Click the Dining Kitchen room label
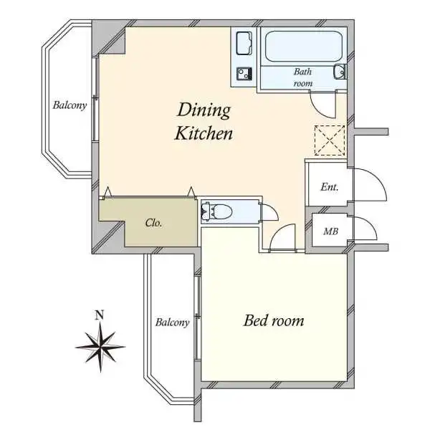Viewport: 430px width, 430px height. pos(204,122)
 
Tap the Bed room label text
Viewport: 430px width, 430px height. pos(274,320)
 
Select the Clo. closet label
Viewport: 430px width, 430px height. pos(153,223)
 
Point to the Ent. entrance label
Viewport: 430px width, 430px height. pos(330,187)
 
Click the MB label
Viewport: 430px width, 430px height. pos(330,231)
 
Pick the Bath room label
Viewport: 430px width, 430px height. pos(302,77)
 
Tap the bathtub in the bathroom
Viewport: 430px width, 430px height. pos(304,47)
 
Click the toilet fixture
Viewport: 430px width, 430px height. pos(216,211)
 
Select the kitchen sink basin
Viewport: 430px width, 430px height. pos(244,43)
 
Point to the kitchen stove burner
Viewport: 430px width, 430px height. pos(244,74)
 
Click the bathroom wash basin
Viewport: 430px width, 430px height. pos(340,72)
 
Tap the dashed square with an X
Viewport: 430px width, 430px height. pos(330,140)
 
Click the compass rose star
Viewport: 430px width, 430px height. pos(100,347)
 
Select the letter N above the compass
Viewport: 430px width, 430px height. pos(100,315)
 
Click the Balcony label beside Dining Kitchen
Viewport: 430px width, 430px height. pos(70,105)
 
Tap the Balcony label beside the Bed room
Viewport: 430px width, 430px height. pos(173,322)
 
